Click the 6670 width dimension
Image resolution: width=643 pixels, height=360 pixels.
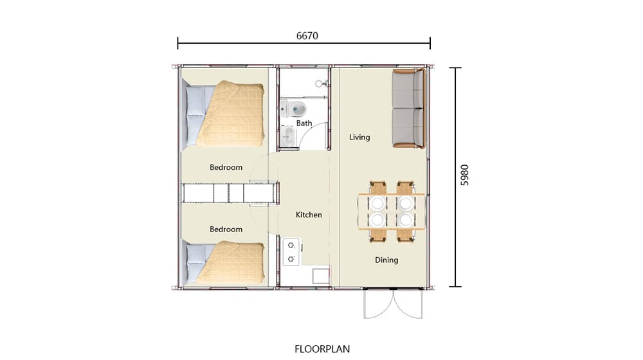[307, 36]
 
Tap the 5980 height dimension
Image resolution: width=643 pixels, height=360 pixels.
[465, 175]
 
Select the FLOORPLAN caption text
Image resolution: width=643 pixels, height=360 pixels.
[322, 349]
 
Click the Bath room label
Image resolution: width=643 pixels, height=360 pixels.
[304, 123]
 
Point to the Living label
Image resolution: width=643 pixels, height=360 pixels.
[359, 138]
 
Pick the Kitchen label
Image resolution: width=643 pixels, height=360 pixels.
[309, 215]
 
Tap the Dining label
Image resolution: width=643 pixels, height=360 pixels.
[386, 260]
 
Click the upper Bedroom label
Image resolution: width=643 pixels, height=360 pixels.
[226, 167]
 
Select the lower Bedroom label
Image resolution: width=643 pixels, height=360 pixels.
[226, 230]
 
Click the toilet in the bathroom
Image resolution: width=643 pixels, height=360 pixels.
[294, 109]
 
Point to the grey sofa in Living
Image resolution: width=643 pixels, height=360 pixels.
[408, 109]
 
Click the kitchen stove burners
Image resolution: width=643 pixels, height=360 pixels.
[291, 252]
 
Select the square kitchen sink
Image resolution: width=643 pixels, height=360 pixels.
[321, 276]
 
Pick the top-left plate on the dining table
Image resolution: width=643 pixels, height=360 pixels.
[377, 203]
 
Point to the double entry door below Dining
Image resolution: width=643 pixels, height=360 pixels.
[393, 303]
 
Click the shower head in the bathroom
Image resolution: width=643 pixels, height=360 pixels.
[320, 84]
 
